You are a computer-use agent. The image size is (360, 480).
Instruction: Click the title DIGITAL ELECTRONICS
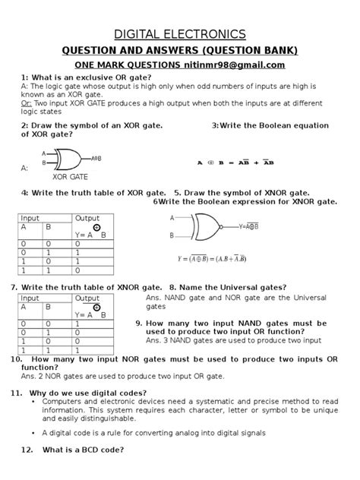pyautogui.click(x=179, y=34)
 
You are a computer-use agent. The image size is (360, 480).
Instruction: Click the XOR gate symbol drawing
pyautogui.click(x=68, y=159)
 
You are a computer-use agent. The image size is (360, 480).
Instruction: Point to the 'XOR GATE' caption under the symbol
pyautogui.click(x=70, y=176)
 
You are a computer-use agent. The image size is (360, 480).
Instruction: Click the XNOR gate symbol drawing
pyautogui.click(x=207, y=226)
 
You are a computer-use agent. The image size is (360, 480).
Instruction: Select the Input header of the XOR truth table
pyautogui.click(x=30, y=218)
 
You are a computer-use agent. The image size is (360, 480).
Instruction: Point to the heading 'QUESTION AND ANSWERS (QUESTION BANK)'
pyautogui.click(x=179, y=50)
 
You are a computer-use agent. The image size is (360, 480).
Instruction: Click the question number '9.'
pyautogui.click(x=140, y=324)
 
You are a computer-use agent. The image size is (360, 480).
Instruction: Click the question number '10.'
pyautogui.click(x=15, y=358)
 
